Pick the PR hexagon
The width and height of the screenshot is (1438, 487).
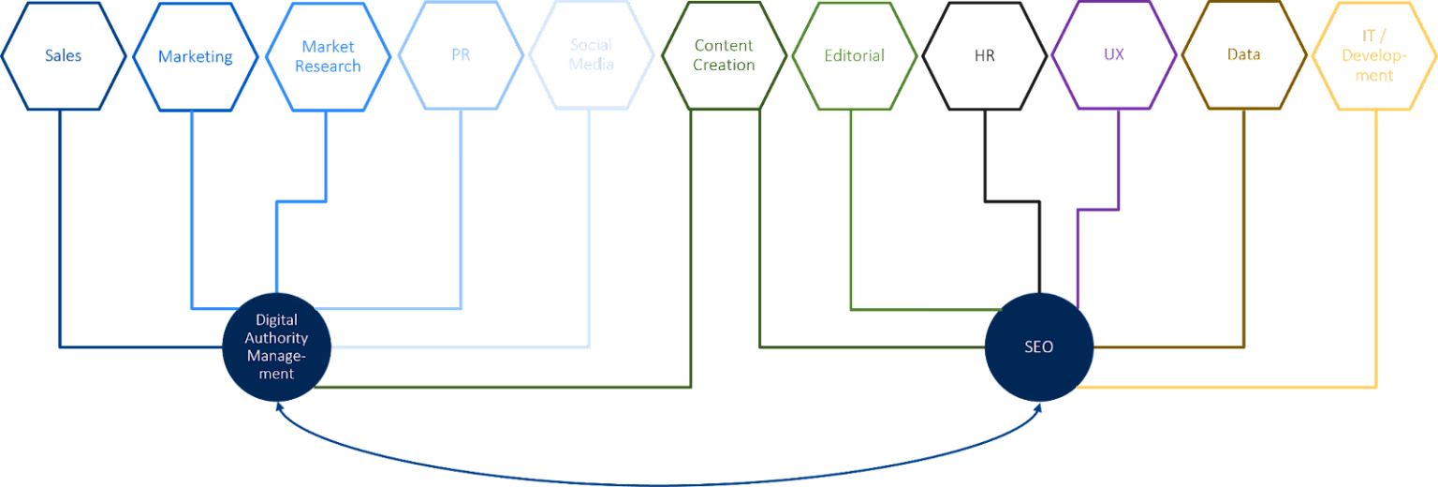pyautogui.click(x=460, y=55)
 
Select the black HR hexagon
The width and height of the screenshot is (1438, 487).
pyautogui.click(x=984, y=55)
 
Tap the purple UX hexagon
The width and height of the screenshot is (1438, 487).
pyautogui.click(x=1114, y=55)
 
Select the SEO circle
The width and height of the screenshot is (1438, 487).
pyautogui.click(x=1038, y=347)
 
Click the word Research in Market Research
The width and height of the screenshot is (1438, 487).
pyautogui.click(x=328, y=66)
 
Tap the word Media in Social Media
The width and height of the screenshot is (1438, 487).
pyautogui.click(x=591, y=65)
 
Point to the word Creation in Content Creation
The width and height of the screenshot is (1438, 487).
pyautogui.click(x=724, y=66)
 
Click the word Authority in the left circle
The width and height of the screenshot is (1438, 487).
pyautogui.click(x=276, y=338)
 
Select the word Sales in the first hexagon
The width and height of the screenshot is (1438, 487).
pyautogui.click(x=63, y=55)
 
